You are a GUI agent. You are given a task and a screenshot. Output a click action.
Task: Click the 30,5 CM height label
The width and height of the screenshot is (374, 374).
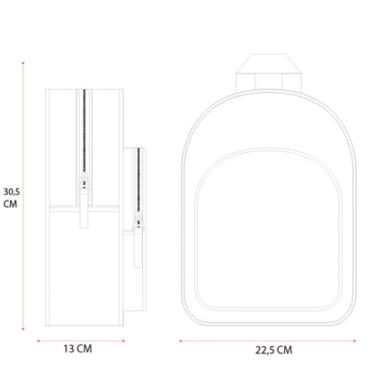12,198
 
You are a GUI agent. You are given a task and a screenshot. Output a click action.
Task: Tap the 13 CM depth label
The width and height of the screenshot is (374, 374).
77,349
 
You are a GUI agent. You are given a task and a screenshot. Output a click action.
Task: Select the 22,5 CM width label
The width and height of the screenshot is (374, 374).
273,350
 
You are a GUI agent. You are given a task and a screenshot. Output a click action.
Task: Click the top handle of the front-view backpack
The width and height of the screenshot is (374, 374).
269,73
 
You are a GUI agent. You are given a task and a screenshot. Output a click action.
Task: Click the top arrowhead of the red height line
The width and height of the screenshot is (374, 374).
22,63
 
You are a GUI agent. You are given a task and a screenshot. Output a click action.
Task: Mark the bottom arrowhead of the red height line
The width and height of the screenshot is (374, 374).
22,329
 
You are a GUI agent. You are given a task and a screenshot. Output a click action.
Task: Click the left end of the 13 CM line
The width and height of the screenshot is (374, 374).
38,341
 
